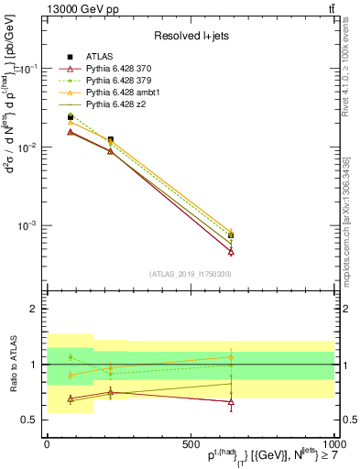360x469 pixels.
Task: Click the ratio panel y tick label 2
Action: [x=33, y=310]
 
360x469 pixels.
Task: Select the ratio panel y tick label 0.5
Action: [x=29, y=420]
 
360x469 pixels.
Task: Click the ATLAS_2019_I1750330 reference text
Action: [x=190, y=274]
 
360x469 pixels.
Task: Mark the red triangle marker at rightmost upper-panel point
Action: [x=231, y=251]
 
